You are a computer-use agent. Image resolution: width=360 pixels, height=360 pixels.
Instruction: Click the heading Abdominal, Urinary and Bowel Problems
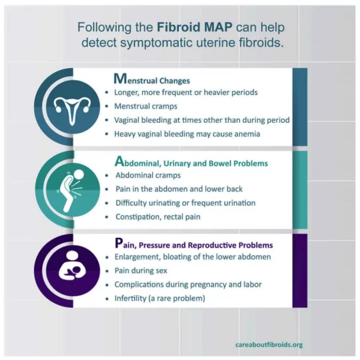(191, 162)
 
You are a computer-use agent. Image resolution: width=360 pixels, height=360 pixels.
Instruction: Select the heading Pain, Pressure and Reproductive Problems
(194, 244)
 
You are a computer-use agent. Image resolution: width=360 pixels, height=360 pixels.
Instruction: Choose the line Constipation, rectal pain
(158, 217)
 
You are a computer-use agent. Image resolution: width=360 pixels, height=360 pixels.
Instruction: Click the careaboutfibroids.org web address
(268, 345)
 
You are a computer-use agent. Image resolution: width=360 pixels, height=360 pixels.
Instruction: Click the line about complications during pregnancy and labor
(188, 285)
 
